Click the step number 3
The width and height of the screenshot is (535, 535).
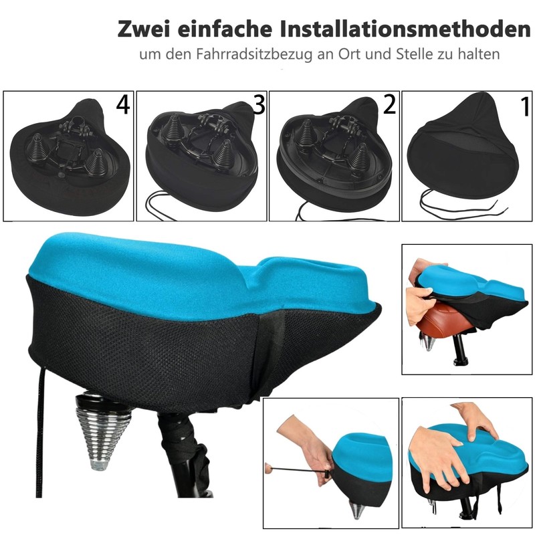258,105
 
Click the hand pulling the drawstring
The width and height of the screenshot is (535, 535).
308,441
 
